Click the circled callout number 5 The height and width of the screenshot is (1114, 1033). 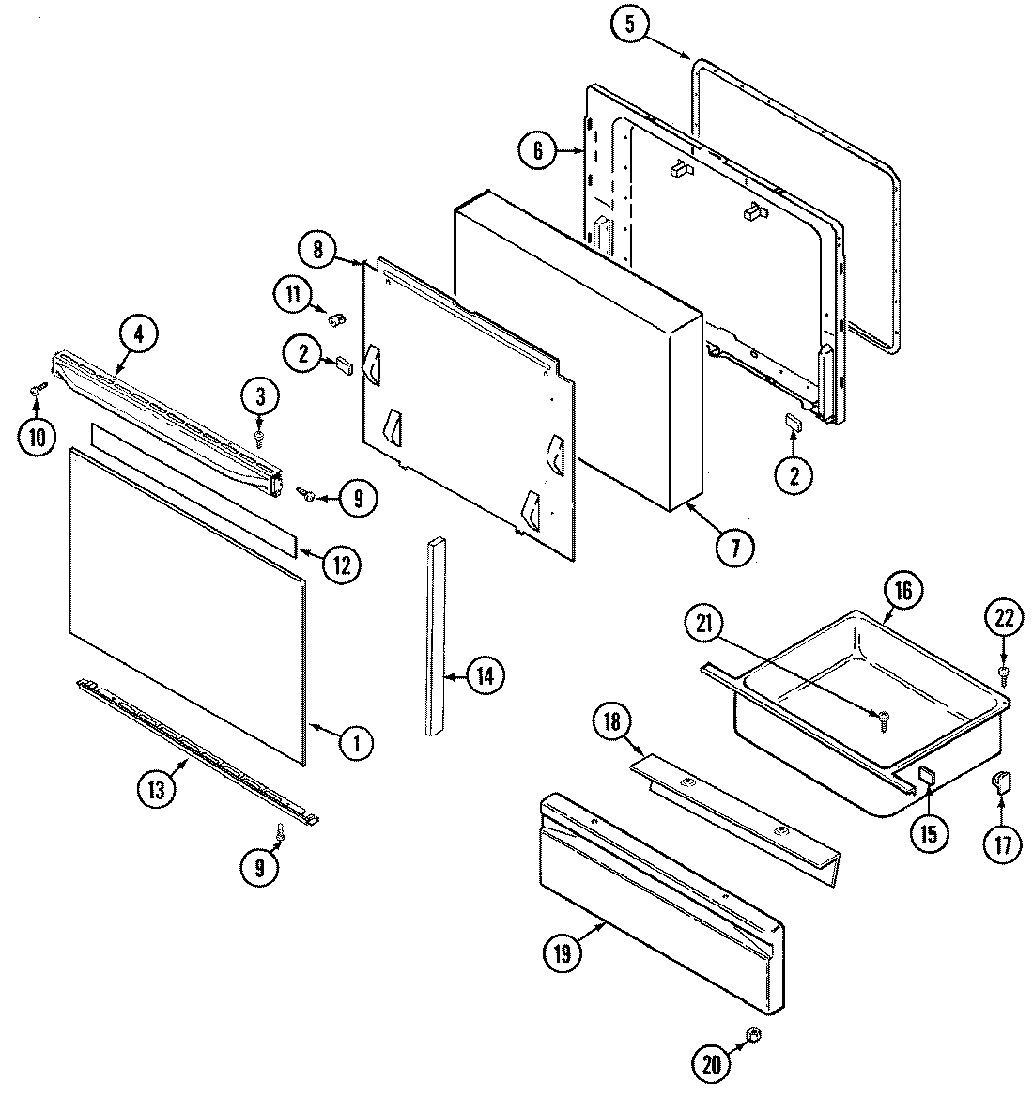[629, 25]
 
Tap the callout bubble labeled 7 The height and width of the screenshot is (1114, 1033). [735, 546]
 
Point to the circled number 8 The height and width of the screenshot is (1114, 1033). [317, 250]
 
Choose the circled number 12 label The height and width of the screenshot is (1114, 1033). [341, 564]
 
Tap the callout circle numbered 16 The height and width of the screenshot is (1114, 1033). [902, 592]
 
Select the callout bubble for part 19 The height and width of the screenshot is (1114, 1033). [563, 953]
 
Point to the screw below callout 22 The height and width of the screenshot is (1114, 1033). [1002, 673]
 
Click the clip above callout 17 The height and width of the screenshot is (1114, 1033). [1001, 781]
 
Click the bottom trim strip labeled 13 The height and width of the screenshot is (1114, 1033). [197, 751]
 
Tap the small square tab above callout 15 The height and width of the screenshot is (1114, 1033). [925, 775]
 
